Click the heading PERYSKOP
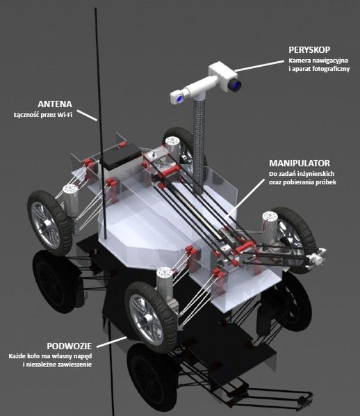point(309,49)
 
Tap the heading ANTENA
point(55,104)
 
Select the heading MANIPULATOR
point(300,163)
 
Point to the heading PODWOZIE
point(69,346)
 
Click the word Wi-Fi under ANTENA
point(65,115)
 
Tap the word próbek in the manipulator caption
point(327,182)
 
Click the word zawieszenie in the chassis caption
point(75,365)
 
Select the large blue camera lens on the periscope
point(234,85)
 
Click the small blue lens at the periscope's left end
point(180,99)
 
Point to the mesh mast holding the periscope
point(199,143)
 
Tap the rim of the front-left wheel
point(46,225)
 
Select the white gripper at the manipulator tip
point(318,256)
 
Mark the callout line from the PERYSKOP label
point(259,66)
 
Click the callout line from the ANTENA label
point(87,115)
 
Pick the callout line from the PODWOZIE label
point(112,342)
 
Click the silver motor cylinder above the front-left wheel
point(71,200)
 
